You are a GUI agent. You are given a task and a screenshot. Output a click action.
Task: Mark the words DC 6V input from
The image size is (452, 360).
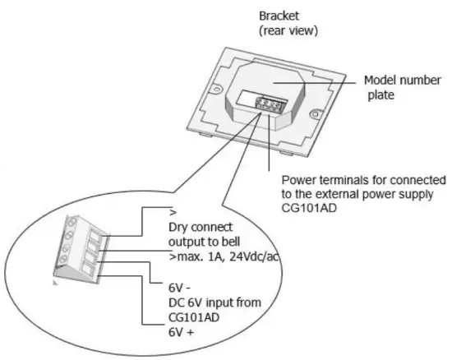click(x=214, y=302)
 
